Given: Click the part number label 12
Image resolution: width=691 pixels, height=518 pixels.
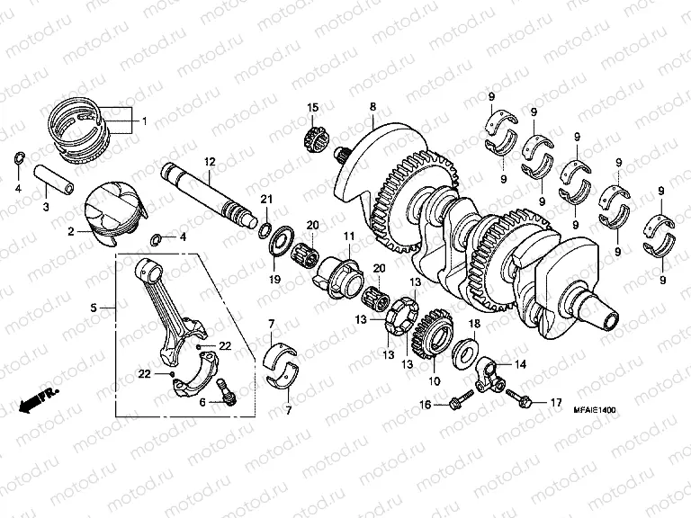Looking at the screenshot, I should (x=209, y=162).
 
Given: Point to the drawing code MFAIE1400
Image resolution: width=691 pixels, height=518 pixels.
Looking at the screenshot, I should (x=595, y=410).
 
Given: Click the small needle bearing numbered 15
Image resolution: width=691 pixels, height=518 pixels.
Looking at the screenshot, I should (x=315, y=138).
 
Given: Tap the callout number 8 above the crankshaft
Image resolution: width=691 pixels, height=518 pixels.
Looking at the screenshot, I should (x=372, y=107).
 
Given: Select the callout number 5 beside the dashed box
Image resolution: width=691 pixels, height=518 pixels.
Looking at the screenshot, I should (x=94, y=308).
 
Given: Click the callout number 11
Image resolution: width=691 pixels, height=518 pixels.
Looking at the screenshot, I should (x=348, y=237).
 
